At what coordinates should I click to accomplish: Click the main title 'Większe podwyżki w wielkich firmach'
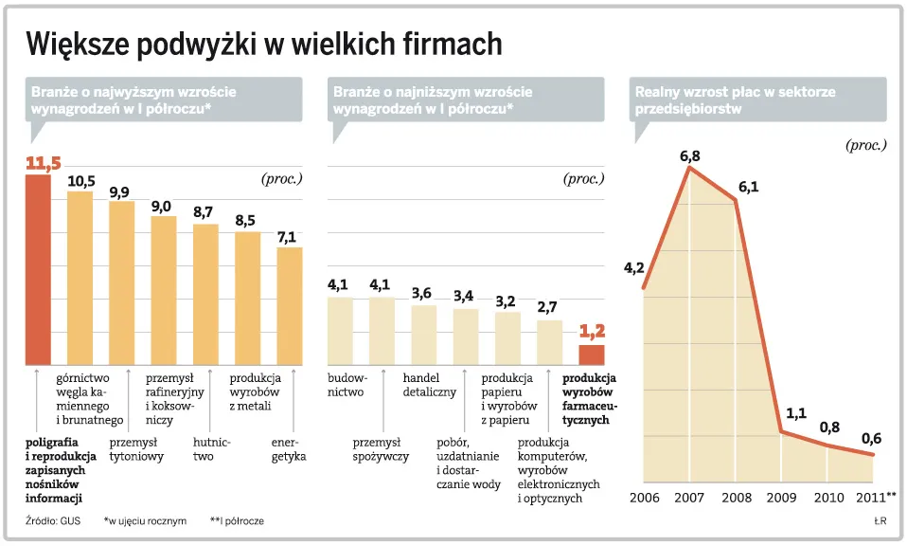tap(264, 44)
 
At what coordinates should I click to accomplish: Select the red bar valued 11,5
tap(37, 270)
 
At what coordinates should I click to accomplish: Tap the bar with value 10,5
tap(80, 278)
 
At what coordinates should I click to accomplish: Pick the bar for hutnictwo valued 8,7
tap(205, 294)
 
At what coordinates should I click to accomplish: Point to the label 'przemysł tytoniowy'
tap(136, 449)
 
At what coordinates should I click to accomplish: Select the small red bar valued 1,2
tap(591, 355)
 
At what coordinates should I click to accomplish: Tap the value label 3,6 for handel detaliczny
tap(423, 293)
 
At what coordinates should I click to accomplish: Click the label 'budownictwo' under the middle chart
tap(346, 385)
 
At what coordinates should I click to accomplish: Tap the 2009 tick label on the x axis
tap(782, 497)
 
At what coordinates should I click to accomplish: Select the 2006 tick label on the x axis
tap(644, 497)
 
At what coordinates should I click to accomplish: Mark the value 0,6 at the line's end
tap(872, 439)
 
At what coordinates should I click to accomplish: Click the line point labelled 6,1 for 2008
tap(736, 201)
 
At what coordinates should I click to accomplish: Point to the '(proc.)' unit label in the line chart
tap(865, 145)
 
